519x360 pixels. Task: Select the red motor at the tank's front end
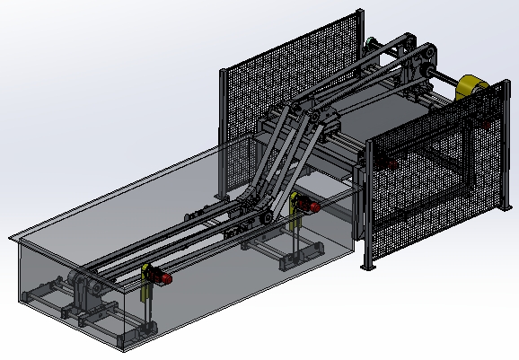tap(163, 278)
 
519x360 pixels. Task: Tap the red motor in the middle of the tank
tap(310, 206)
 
